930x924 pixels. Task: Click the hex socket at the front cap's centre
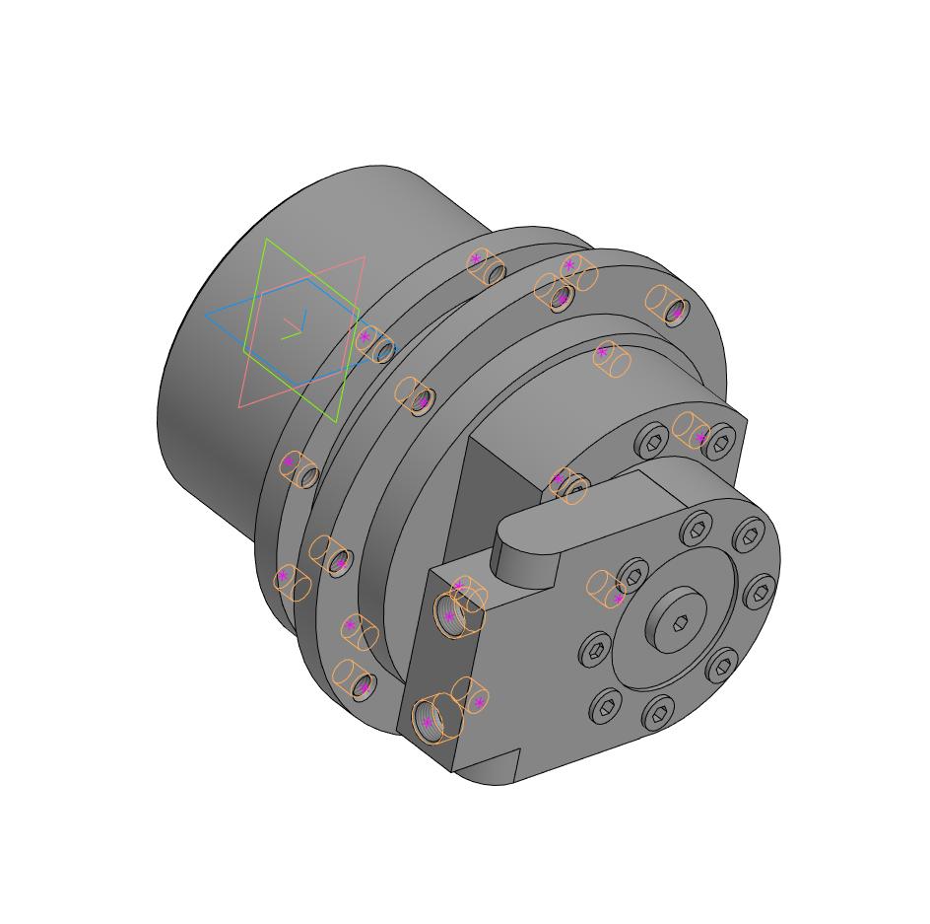click(682, 622)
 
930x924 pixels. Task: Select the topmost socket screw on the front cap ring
click(697, 530)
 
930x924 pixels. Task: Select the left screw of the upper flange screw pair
click(653, 440)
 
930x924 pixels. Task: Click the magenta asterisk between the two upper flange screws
click(700, 437)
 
